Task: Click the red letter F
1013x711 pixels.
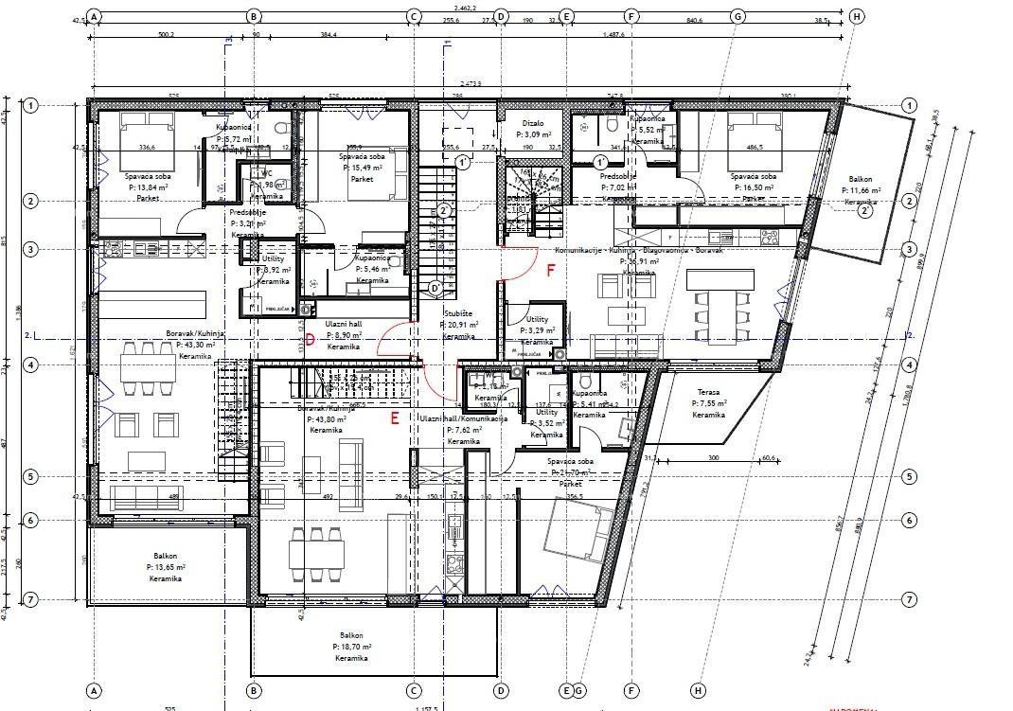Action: click(552, 270)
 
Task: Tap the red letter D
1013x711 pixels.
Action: click(310, 340)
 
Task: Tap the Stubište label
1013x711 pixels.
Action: click(458, 312)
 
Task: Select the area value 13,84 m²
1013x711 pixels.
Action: click(149, 187)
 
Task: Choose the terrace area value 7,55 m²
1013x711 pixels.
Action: click(708, 403)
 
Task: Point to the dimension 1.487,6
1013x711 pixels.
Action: click(613, 34)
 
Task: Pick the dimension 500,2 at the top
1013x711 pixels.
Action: click(167, 34)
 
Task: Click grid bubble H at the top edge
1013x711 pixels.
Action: click(857, 16)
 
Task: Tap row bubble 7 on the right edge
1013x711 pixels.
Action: click(909, 599)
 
